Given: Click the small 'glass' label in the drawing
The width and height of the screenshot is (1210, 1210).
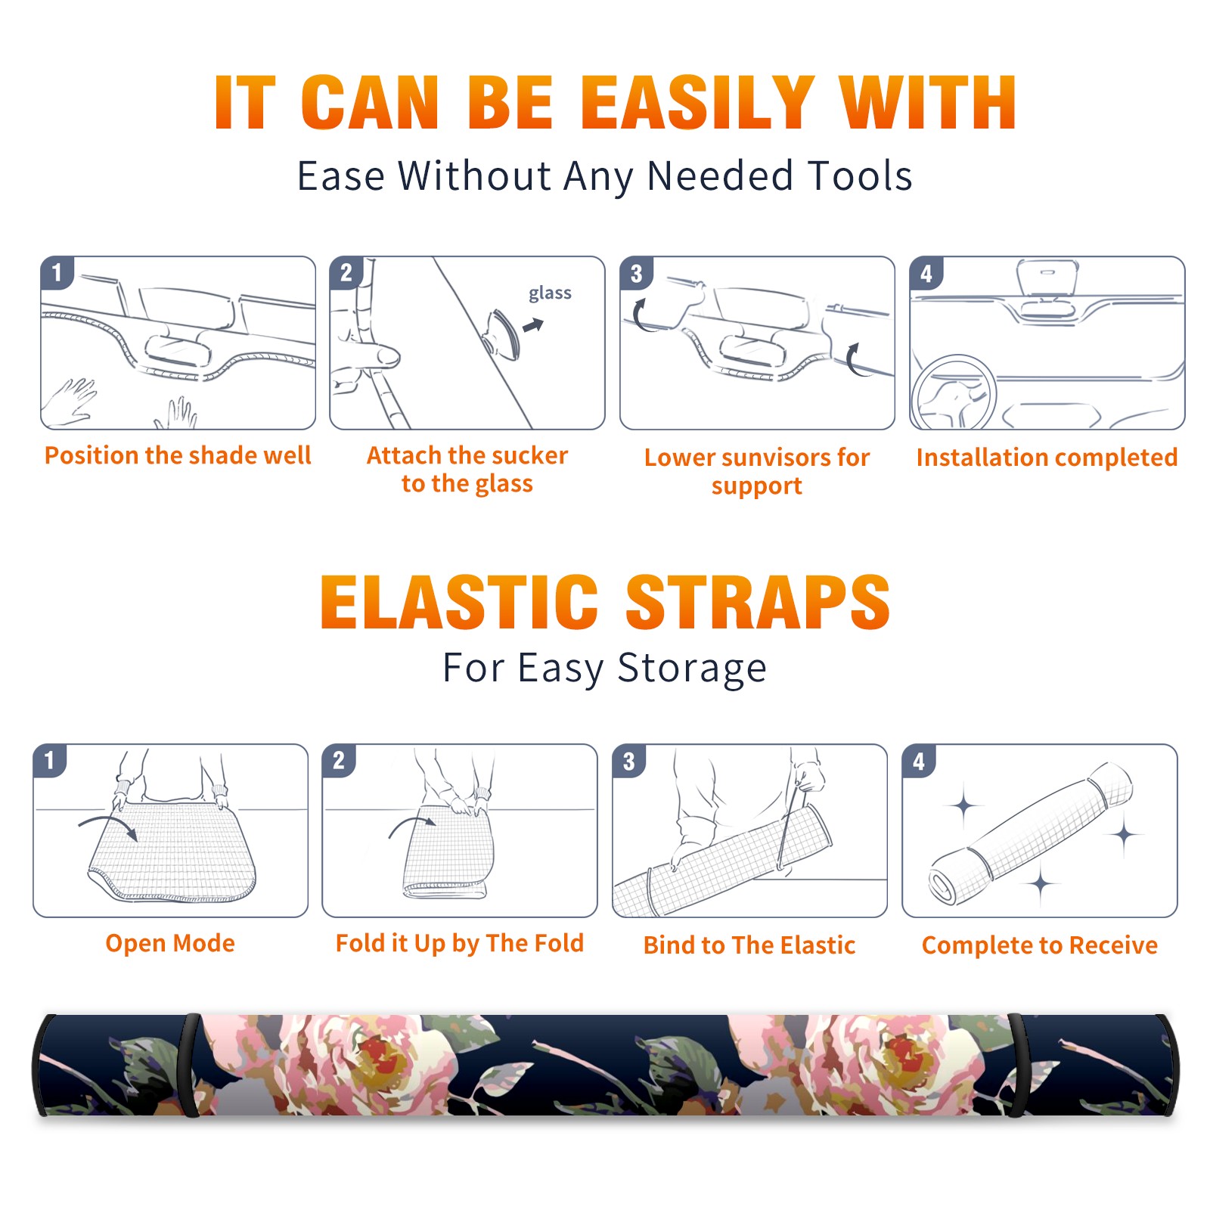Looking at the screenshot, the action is point(550,293).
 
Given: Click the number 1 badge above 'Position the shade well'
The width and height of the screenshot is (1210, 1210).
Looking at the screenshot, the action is point(57,272).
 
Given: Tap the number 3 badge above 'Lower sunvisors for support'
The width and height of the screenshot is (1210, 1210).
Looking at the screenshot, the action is point(636,272).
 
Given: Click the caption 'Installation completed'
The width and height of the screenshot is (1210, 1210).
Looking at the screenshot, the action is point(1047,457).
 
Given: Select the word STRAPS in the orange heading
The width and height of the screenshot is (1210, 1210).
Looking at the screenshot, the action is point(758,602).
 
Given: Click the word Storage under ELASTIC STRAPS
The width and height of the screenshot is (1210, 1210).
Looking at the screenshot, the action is point(692,669).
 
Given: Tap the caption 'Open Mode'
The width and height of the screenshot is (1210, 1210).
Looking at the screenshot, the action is point(170,943).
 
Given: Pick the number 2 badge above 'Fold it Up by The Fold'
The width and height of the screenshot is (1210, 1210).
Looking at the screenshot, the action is point(338,760).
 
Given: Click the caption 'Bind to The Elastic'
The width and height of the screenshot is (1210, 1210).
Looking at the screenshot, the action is point(749,945).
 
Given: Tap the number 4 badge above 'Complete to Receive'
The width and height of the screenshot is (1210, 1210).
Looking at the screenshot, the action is point(919,760).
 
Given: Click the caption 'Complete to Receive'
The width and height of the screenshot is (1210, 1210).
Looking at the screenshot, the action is point(1040,945).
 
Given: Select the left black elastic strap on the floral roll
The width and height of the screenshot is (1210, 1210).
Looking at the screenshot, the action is point(190,1066).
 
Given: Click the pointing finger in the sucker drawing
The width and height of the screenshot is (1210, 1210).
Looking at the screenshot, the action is point(368,355).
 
